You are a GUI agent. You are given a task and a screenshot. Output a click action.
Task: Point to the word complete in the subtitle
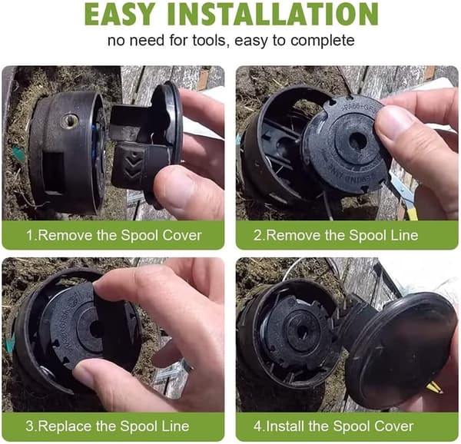tap(323, 41)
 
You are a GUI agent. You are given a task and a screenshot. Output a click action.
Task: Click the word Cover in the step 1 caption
tap(182, 235)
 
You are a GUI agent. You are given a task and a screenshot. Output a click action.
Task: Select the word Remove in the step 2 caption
tap(294, 235)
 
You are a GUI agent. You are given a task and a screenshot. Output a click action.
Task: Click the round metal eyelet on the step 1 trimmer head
tap(69, 121)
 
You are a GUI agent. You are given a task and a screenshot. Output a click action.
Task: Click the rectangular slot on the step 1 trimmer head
tap(54, 171)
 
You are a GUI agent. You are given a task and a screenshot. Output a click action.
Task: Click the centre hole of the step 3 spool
tap(95, 329)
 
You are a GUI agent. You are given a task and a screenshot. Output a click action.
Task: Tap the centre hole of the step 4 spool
tap(302, 331)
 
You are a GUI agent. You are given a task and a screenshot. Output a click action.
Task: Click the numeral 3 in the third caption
tap(29, 426)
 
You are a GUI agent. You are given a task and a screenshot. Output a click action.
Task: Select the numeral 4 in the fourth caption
tap(258, 426)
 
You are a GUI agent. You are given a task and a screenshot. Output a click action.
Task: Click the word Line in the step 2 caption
tap(406, 235)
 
